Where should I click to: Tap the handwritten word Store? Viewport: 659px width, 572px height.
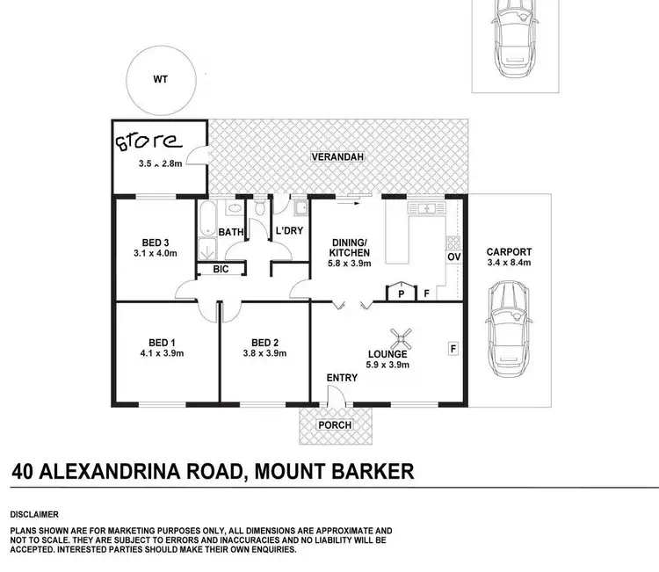(148, 141)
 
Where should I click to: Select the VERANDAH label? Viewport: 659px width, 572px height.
(337, 158)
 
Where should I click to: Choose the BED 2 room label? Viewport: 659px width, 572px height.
(264, 342)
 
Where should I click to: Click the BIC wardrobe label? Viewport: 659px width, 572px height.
(220, 270)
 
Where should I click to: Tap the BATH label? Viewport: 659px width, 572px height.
(230, 233)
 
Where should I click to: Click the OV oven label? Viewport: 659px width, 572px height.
(454, 257)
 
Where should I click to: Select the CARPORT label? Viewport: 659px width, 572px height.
(510, 252)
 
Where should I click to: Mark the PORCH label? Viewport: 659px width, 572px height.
(335, 425)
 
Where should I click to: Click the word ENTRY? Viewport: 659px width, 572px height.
(342, 378)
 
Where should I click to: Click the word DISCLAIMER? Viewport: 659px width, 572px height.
(33, 513)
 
